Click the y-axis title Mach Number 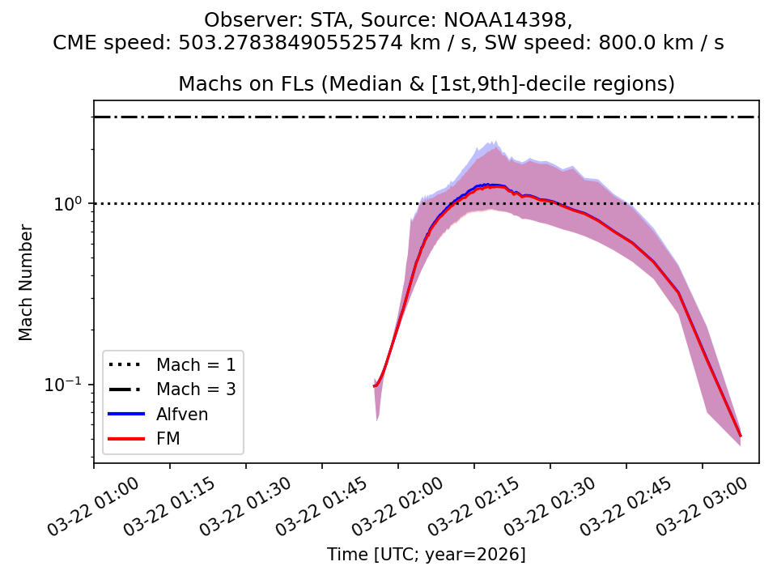click(27, 283)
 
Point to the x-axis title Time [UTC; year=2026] click(426, 555)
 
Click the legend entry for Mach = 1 click(196, 364)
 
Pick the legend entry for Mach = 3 click(196, 389)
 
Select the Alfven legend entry click(182, 414)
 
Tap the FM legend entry click(168, 439)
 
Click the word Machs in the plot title click(205, 84)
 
